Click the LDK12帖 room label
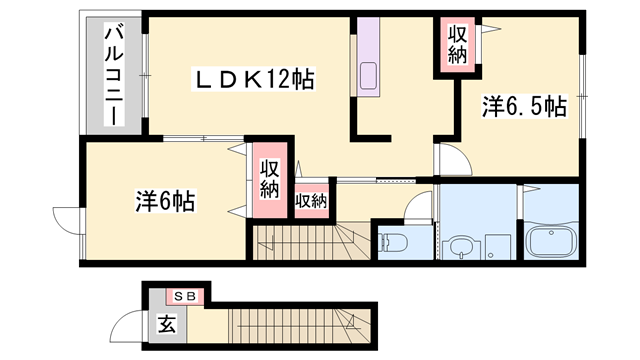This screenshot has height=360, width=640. [x=253, y=79]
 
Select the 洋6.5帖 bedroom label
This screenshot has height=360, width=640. [x=524, y=107]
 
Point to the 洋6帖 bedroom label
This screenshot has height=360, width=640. [x=165, y=201]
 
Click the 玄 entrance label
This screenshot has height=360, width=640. [x=167, y=324]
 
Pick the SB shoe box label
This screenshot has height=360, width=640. [x=185, y=297]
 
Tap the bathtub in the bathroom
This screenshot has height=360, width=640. [x=551, y=242]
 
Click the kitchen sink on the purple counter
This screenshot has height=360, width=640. [x=369, y=76]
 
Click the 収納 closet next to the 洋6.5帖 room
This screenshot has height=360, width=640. [x=457, y=44]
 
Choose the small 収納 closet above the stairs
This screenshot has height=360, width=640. [x=311, y=201]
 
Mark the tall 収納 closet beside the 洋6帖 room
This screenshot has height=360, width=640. [x=270, y=180]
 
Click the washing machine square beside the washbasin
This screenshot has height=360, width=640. [x=498, y=247]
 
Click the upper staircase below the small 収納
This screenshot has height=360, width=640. [x=311, y=242]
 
